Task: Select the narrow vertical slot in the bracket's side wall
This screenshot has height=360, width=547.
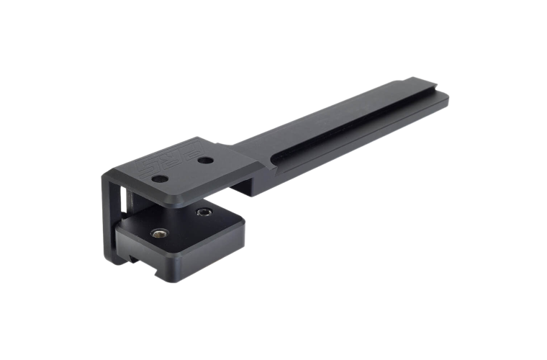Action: pyautogui.click(x=122, y=202)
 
